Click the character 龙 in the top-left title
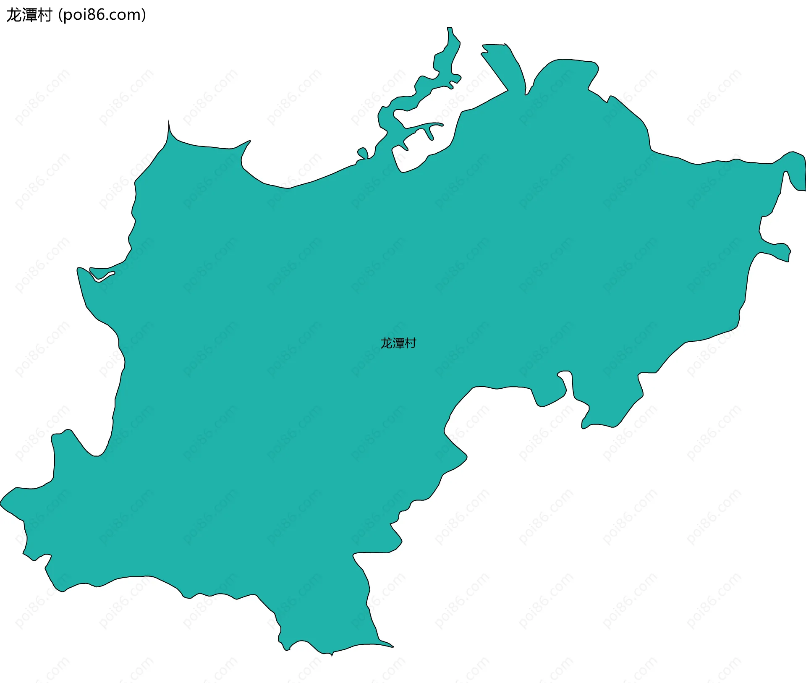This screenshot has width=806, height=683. [x=14, y=15]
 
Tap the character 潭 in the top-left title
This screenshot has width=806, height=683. [x=29, y=15]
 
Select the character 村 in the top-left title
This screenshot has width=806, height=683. [x=44, y=15]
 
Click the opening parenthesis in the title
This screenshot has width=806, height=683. [x=60, y=15]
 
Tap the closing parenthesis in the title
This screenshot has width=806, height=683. [x=144, y=15]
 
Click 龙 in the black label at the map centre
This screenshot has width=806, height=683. [x=386, y=343]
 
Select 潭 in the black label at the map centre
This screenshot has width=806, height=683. [x=398, y=343]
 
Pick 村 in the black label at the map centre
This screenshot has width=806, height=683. [x=410, y=343]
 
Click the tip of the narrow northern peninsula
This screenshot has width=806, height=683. [x=450, y=29]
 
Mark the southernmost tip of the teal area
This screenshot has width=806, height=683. [x=332, y=655]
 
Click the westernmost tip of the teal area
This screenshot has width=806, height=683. [x=1, y=502]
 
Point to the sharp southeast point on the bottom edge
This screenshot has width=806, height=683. [x=393, y=646]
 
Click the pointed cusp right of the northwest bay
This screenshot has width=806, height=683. [x=249, y=141]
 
